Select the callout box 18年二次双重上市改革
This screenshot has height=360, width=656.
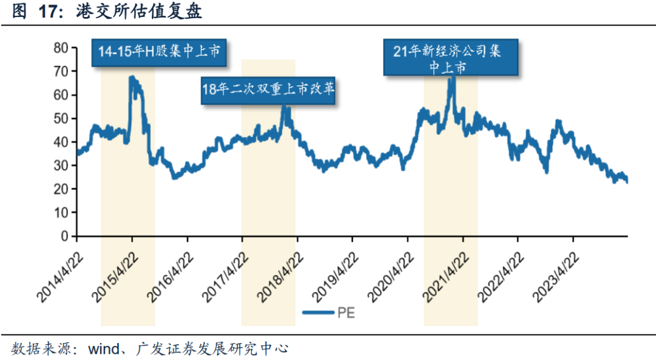(269, 90)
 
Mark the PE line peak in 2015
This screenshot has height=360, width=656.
(131, 77)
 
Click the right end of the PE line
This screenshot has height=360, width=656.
(627, 182)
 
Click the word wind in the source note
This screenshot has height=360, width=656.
(104, 349)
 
